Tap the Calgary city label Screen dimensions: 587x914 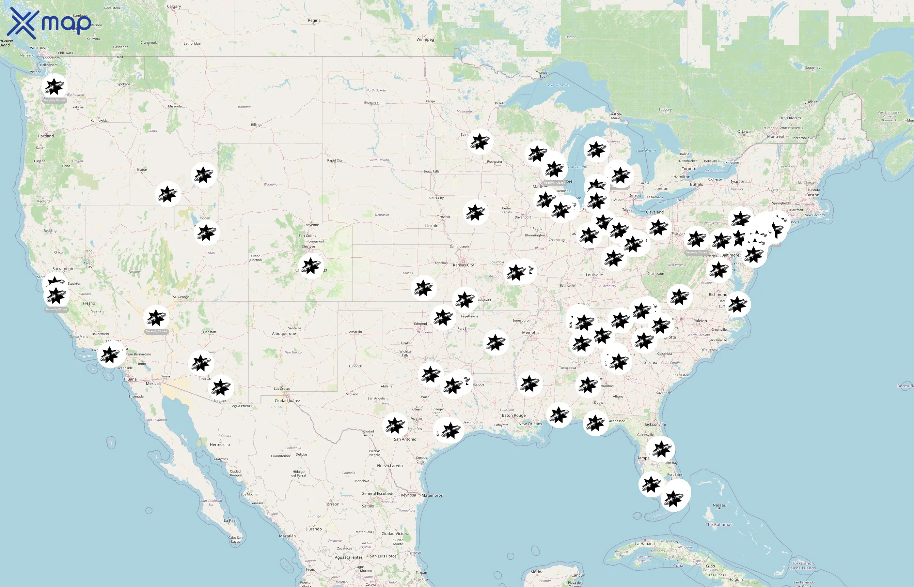coord(174,7)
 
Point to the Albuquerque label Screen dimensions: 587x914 coord(284,334)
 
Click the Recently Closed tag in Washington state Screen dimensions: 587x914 coord(55,100)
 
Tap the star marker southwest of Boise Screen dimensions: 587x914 coord(168,194)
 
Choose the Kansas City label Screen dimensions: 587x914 coord(463,265)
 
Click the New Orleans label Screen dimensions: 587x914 coord(530,424)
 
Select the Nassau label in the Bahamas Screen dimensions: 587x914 coord(719,505)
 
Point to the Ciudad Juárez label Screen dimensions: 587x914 coord(287,400)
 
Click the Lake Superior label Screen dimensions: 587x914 coord(558,85)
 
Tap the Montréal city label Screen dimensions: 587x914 coord(775,136)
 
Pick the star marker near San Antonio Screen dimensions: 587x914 coord(395,425)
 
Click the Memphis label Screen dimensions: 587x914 coord(531,332)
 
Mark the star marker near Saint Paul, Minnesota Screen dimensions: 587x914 coord(480,142)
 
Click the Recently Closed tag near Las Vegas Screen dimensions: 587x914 coord(156,331)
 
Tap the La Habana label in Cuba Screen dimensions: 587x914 coord(645,544)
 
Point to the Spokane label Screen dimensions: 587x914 coord(124,84)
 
